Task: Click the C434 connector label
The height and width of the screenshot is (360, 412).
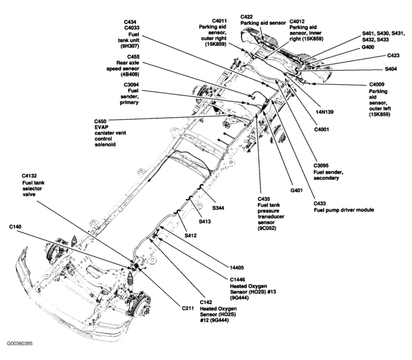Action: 130,22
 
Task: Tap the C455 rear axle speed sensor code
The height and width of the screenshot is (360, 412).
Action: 133,57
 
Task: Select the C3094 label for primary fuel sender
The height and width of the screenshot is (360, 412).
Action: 131,85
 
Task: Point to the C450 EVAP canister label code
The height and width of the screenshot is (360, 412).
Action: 101,121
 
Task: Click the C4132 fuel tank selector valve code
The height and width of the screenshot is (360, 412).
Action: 29,176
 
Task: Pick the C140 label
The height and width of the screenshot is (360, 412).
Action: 15,227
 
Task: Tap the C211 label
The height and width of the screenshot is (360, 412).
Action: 188,308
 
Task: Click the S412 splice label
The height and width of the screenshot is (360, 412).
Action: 191,236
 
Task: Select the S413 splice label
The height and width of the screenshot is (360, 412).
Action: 205,222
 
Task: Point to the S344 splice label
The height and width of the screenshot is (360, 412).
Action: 218,208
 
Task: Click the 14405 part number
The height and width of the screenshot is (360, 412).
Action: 237,267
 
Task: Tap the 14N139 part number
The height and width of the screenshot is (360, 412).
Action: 324,112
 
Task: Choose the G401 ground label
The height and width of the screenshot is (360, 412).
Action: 297,190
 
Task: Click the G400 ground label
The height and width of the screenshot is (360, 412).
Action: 368,47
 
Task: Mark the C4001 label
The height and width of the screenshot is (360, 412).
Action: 321,130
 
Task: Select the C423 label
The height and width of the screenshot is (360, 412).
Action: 393,55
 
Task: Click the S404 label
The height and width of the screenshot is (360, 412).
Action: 391,69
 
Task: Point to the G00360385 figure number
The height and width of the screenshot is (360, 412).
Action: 20,344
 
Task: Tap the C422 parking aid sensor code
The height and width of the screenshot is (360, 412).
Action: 247,17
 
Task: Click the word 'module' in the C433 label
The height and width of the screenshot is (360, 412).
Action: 365,210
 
